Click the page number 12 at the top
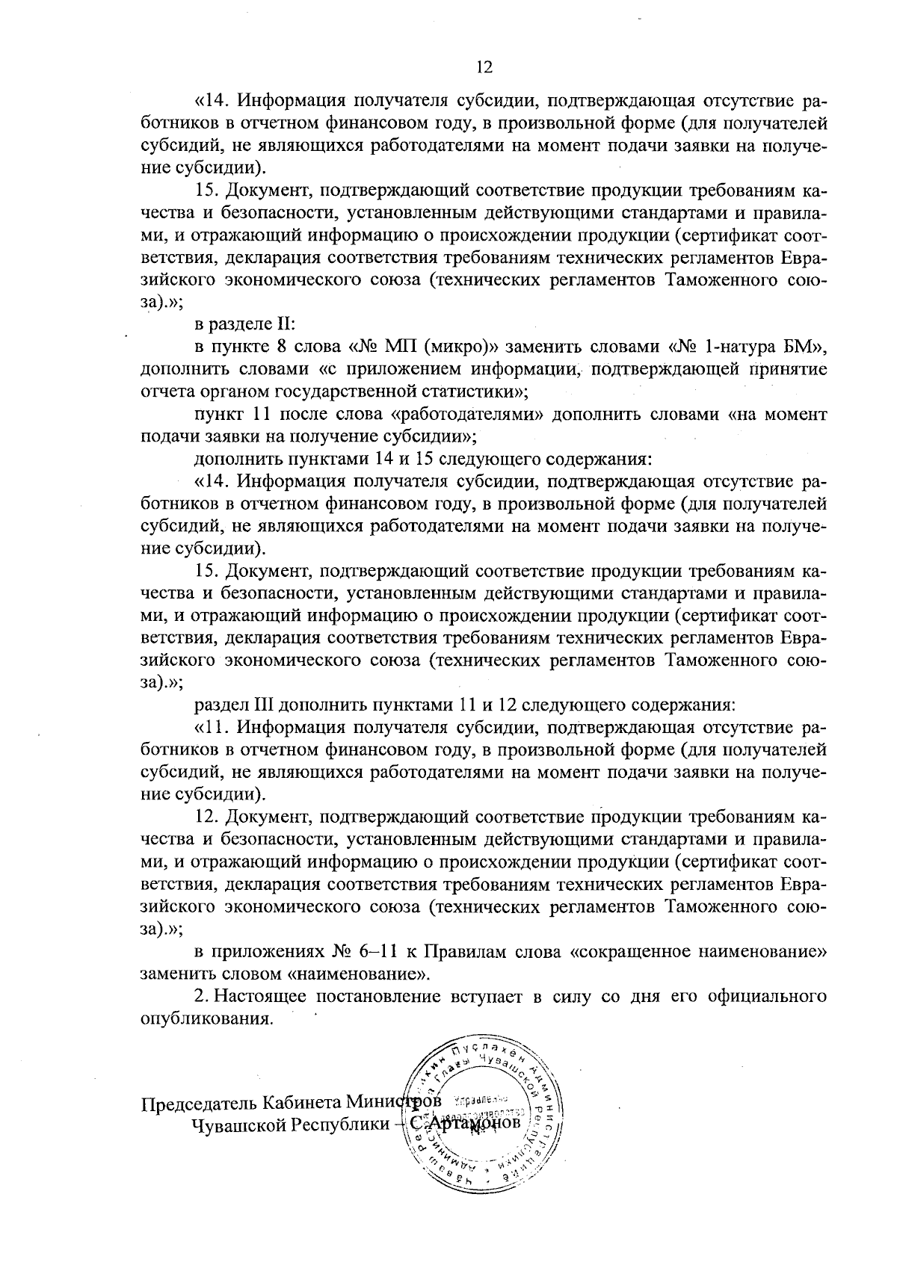point(484,68)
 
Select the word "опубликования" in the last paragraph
point(205,1018)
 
